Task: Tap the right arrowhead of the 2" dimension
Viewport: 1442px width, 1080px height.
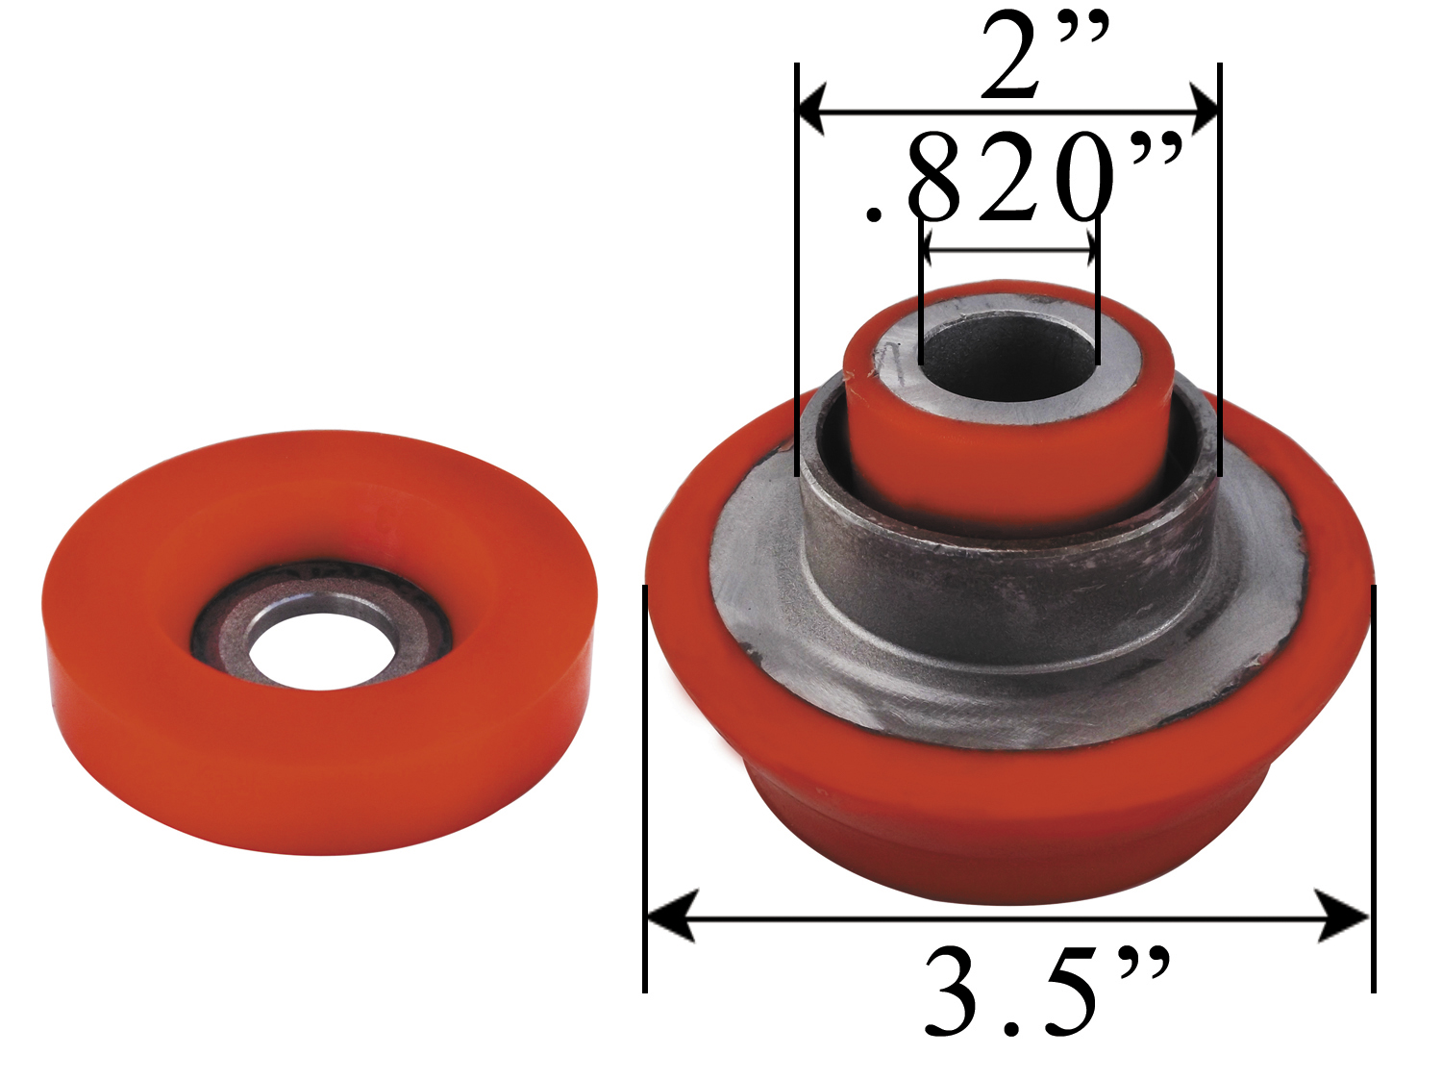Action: (x=1205, y=109)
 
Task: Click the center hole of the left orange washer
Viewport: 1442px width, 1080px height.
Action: (x=319, y=647)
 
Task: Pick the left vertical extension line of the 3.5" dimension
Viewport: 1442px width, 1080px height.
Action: (x=645, y=789)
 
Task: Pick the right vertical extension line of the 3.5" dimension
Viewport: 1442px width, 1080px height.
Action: (x=1373, y=789)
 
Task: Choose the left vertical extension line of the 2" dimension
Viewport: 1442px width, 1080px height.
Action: (x=797, y=269)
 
